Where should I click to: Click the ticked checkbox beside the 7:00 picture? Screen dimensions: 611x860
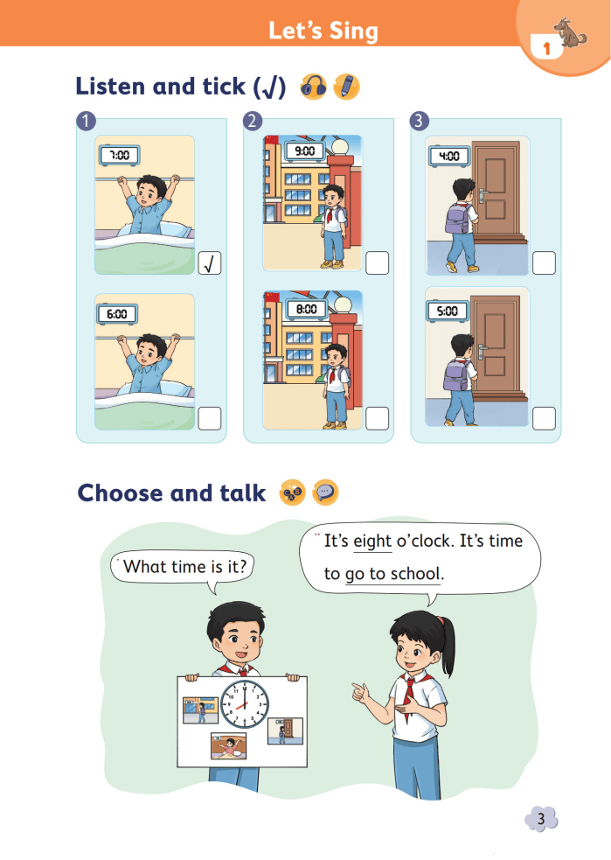[x=209, y=263]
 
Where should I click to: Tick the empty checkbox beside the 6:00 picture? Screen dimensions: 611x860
[x=209, y=418]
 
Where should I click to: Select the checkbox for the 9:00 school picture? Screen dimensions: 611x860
[x=377, y=263]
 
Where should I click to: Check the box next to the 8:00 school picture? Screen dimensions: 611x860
[x=377, y=418]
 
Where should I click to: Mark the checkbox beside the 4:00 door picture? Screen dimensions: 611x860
[x=545, y=263]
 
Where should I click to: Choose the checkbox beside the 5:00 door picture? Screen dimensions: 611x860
[x=545, y=418]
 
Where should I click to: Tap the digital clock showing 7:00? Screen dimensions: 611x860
[x=120, y=155]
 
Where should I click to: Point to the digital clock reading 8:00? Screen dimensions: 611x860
[x=306, y=310]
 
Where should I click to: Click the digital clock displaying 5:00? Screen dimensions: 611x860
[x=448, y=311]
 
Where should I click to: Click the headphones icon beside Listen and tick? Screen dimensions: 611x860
[x=314, y=87]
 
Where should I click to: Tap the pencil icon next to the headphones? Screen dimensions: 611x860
[x=346, y=87]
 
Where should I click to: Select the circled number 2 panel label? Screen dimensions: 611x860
[x=253, y=121]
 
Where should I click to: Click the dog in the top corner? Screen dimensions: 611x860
[x=570, y=33]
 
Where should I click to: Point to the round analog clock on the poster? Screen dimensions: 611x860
[x=245, y=704]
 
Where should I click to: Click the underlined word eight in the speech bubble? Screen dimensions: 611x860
[x=372, y=542]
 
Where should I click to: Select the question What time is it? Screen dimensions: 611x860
[x=185, y=566]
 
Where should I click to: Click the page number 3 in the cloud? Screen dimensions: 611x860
[x=541, y=820]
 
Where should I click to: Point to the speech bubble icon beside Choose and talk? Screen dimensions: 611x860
[x=325, y=493]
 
